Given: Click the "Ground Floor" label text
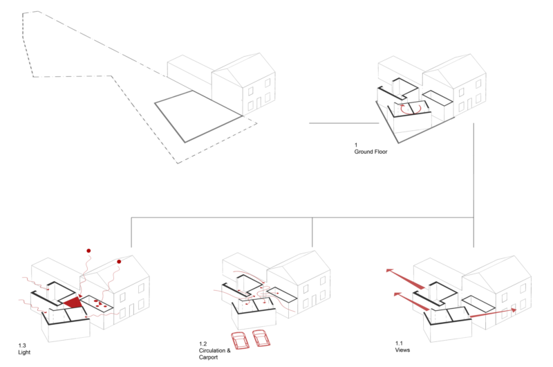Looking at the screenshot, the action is [x=371, y=152].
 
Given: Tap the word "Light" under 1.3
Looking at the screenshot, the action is [x=24, y=352].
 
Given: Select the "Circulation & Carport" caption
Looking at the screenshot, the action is [x=214, y=354].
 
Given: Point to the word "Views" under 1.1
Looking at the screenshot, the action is [x=402, y=350].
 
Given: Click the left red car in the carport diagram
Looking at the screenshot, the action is [x=240, y=341].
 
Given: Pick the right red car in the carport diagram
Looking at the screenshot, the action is [x=261, y=338].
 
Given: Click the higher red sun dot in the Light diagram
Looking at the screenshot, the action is [x=88, y=251].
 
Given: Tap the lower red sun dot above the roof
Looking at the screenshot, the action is [x=119, y=262].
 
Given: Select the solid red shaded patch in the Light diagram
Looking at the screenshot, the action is [x=73, y=303].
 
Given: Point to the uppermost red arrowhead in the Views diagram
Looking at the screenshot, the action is [x=389, y=271].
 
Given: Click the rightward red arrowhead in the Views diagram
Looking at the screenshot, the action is [x=514, y=310].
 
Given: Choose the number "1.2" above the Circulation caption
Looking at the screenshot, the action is [x=203, y=343].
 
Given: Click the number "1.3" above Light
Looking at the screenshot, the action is [x=22, y=346].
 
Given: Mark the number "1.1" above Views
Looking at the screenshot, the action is [x=399, y=343].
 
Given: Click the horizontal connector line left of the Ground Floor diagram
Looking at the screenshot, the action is [x=344, y=123].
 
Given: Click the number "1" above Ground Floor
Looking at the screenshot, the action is [x=356, y=145].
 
